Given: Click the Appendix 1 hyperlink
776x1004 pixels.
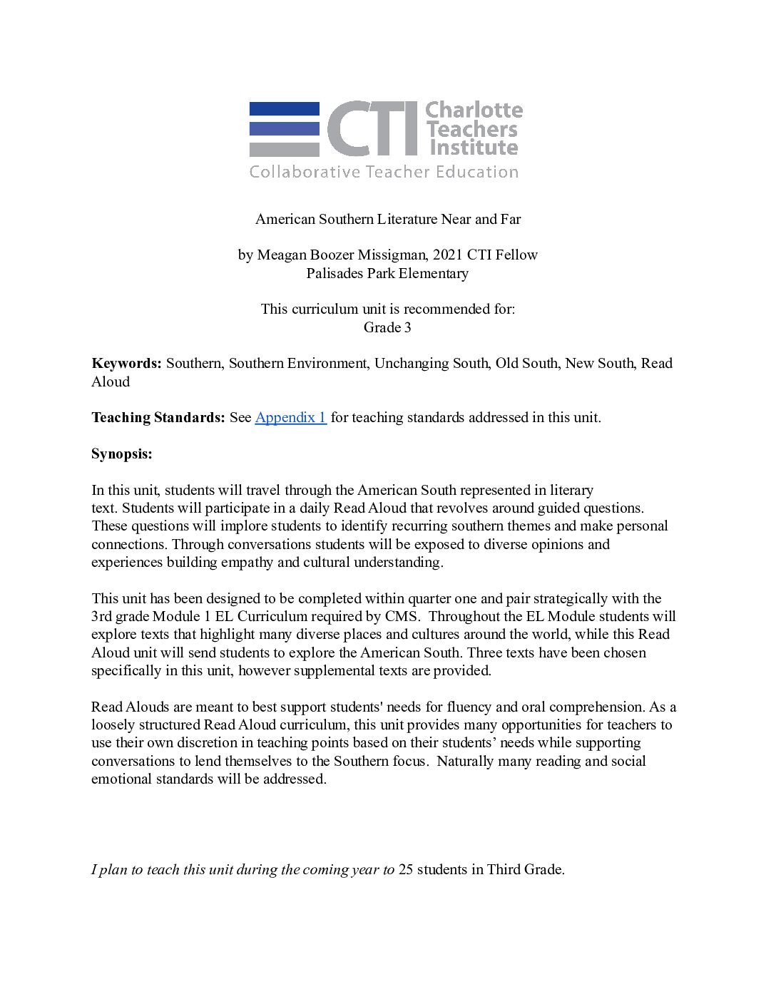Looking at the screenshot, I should (x=290, y=417).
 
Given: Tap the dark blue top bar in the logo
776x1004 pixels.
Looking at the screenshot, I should (x=284, y=108).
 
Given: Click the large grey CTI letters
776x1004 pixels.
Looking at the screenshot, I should (x=372, y=128).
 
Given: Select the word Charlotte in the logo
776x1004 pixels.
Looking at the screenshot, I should (x=474, y=111).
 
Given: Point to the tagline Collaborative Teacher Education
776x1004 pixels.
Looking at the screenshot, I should (x=384, y=172).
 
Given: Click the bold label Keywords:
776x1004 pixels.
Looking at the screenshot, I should (x=127, y=363).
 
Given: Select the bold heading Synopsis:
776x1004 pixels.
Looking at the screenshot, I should (x=122, y=454).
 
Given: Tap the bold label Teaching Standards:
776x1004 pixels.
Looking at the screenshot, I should (x=158, y=417).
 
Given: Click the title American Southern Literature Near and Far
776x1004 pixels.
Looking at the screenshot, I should (x=388, y=219).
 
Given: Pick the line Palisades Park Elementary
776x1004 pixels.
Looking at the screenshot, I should (x=388, y=273).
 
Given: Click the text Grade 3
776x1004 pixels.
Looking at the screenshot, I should (x=387, y=327).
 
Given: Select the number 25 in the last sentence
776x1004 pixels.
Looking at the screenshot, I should (x=406, y=869).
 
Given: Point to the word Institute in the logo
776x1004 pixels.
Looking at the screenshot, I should (x=473, y=148).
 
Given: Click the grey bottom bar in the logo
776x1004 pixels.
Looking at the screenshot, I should (x=284, y=150).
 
